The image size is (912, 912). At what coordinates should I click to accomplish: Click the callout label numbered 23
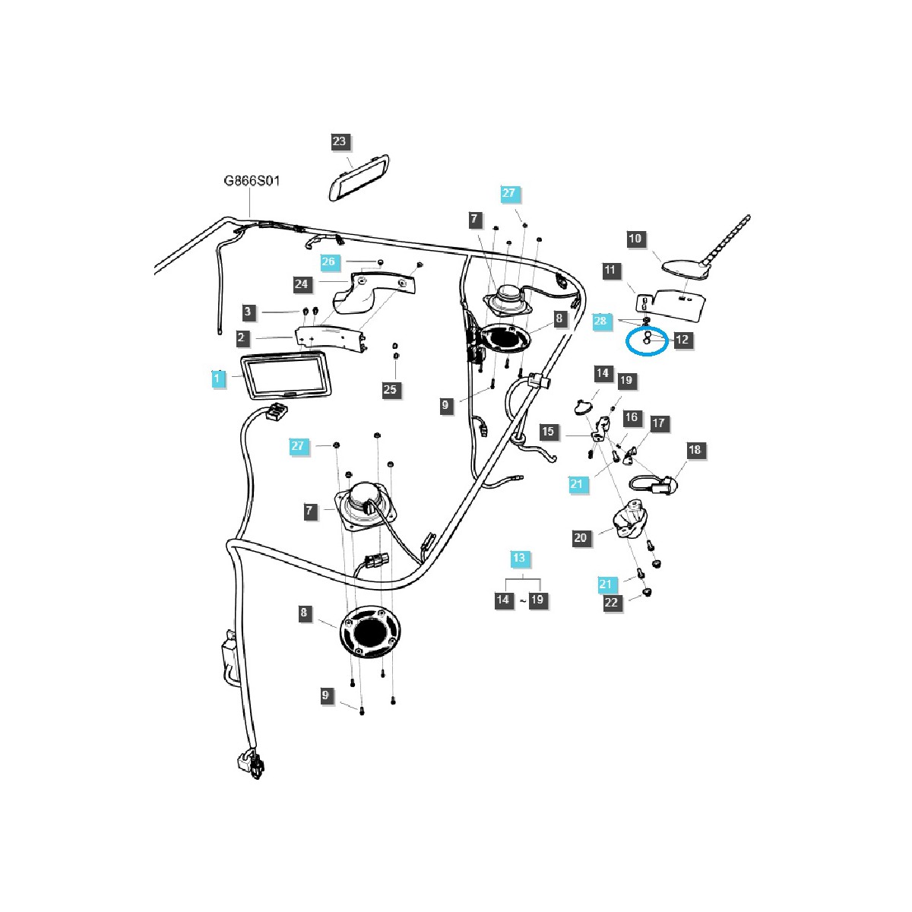point(339,141)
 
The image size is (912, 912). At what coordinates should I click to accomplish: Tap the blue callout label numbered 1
point(218,378)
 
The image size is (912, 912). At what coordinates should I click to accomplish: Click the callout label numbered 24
point(302,284)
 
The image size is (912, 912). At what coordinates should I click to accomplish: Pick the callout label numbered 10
point(635,239)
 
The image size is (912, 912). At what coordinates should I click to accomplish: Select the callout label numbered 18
point(695,450)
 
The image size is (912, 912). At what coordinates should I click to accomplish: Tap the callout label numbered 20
point(581,538)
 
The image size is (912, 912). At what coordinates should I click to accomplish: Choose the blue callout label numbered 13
point(518,559)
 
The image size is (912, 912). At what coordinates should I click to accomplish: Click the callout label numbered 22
point(613,603)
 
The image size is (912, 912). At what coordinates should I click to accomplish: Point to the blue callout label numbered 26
point(328,262)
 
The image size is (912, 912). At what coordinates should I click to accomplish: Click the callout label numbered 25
point(390,390)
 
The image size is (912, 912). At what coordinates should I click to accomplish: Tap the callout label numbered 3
point(247,311)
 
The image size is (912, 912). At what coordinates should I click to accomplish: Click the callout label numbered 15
point(548,432)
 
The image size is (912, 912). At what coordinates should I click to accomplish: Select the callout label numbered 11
point(610,270)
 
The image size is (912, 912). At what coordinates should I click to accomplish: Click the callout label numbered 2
point(241,337)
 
